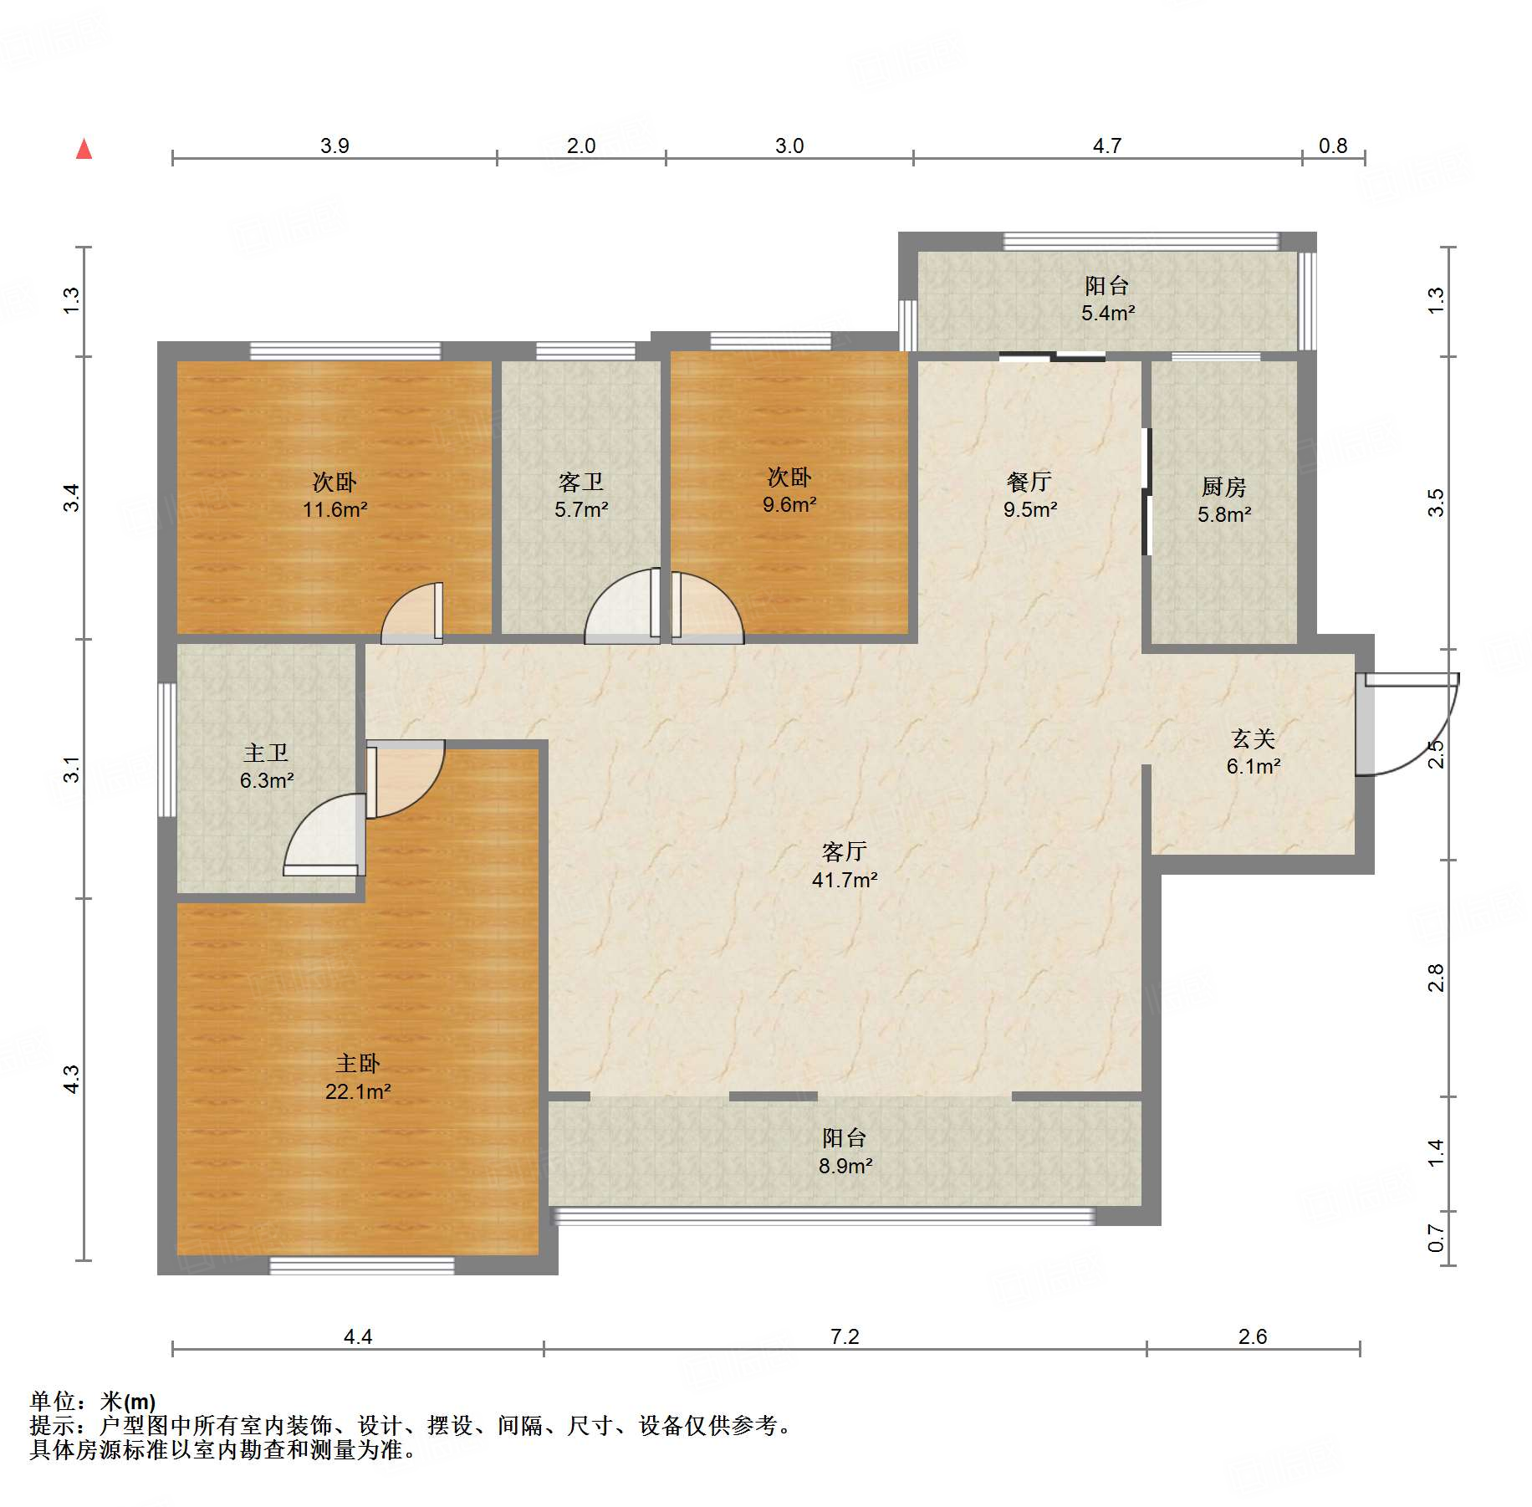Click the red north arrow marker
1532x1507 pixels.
[84, 149]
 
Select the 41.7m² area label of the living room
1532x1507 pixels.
[845, 880]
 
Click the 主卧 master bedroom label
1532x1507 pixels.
[358, 1063]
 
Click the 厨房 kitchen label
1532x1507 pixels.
[1223, 487]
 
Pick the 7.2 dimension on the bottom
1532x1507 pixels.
[845, 1336]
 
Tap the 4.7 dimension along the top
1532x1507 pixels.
[1107, 146]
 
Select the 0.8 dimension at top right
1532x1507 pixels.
[1333, 146]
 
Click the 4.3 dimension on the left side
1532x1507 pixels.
[72, 1079]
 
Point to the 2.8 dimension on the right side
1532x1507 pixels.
[1435, 978]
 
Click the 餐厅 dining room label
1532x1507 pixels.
[1029, 482]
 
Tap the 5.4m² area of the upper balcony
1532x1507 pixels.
[1108, 314]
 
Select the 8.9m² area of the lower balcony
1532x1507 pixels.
[845, 1166]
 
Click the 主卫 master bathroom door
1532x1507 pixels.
[324, 835]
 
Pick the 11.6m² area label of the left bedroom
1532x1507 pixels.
[335, 509]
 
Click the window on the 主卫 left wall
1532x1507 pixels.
[167, 750]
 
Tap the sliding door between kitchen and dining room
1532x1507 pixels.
[1147, 492]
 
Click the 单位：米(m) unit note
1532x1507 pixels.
[93, 1401]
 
